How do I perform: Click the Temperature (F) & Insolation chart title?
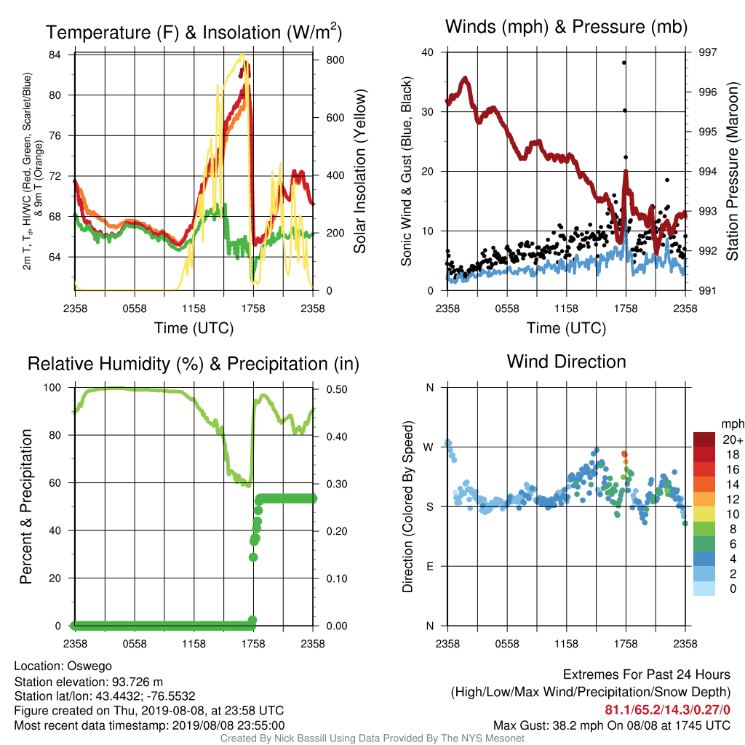pyautogui.click(x=194, y=32)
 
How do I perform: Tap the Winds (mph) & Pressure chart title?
pyautogui.click(x=566, y=27)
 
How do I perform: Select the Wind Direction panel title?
pyautogui.click(x=566, y=362)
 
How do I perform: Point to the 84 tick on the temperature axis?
pyautogui.click(x=55, y=55)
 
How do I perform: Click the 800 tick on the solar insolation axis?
pyautogui.click(x=335, y=60)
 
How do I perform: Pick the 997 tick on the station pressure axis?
pyautogui.click(x=707, y=52)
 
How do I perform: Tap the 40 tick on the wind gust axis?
pyautogui.click(x=428, y=52)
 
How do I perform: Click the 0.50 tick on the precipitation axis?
pyautogui.click(x=336, y=390)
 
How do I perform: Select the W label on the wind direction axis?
pyautogui.click(x=429, y=447)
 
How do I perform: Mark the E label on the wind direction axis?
pyautogui.click(x=429, y=566)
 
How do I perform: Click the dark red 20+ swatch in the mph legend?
pyautogui.click(x=704, y=439)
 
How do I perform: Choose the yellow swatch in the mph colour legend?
pyautogui.click(x=704, y=514)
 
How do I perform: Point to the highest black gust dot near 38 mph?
pyautogui.click(x=624, y=63)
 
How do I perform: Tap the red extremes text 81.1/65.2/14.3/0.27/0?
pyautogui.click(x=668, y=710)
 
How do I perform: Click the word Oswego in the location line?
pyautogui.click(x=89, y=666)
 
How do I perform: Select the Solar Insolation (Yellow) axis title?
pyautogui.click(x=360, y=171)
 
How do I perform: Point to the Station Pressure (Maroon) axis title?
pyautogui.click(x=732, y=171)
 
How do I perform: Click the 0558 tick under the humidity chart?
pyautogui.click(x=135, y=644)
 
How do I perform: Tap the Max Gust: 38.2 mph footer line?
pyautogui.click(x=612, y=725)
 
